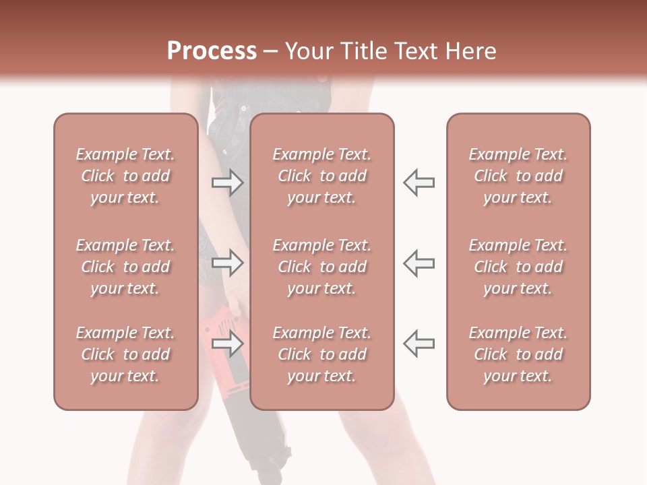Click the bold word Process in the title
tap(212, 51)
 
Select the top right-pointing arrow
tap(227, 183)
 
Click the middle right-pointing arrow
tap(227, 263)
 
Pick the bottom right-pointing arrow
tap(227, 344)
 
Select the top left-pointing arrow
tap(419, 183)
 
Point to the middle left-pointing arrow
tap(419, 263)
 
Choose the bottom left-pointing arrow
tap(419, 344)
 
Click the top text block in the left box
tap(125, 176)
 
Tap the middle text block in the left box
tap(125, 267)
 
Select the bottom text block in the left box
tap(125, 354)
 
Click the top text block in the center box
tap(321, 176)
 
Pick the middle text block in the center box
tap(321, 267)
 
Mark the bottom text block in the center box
tap(321, 354)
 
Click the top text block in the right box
tap(518, 176)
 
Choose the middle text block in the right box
tap(518, 267)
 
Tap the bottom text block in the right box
tap(518, 354)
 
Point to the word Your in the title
tap(307, 51)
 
